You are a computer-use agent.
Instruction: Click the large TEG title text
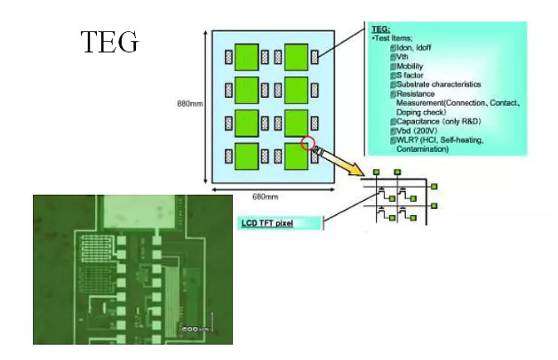(110, 42)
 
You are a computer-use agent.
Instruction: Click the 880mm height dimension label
(190, 105)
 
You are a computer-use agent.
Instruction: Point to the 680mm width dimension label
(265, 196)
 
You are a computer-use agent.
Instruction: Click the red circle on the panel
(308, 143)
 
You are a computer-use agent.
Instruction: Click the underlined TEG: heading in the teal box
(379, 29)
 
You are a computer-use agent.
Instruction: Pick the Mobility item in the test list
(409, 66)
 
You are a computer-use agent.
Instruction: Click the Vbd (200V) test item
(417, 130)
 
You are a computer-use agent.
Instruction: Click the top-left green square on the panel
(247, 56)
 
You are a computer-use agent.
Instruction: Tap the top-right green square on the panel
(296, 56)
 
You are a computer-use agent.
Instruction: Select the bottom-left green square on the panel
(247, 156)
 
